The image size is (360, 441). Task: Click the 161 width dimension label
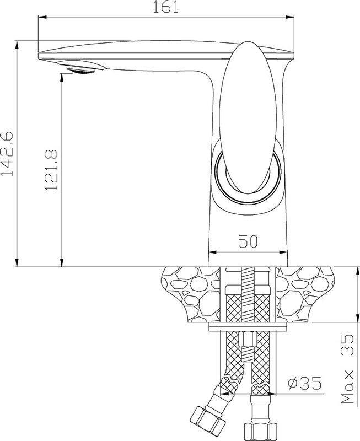pos(166,7)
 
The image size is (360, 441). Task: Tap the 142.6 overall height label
pos(7,153)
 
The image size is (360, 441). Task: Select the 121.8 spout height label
pos(51,170)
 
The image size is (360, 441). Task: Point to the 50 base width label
pos(248,241)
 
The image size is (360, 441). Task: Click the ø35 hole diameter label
pos(304,383)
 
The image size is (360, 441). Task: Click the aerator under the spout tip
pos(80,69)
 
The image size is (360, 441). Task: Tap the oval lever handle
pos(248,117)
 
